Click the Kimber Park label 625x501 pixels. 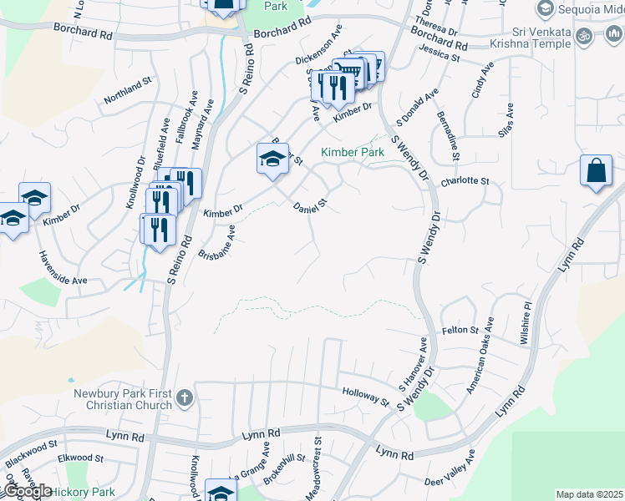pos(353,153)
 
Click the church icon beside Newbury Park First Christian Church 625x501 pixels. pos(185,398)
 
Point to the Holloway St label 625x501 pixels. pos(366,396)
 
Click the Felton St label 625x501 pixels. pos(460,331)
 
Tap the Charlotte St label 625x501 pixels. pos(465,180)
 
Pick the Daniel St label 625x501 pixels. pos(307,205)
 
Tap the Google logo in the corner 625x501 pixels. pos(27,491)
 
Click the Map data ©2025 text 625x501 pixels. pos(589,494)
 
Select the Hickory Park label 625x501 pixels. pos(83,492)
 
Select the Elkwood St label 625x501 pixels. pos(80,458)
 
